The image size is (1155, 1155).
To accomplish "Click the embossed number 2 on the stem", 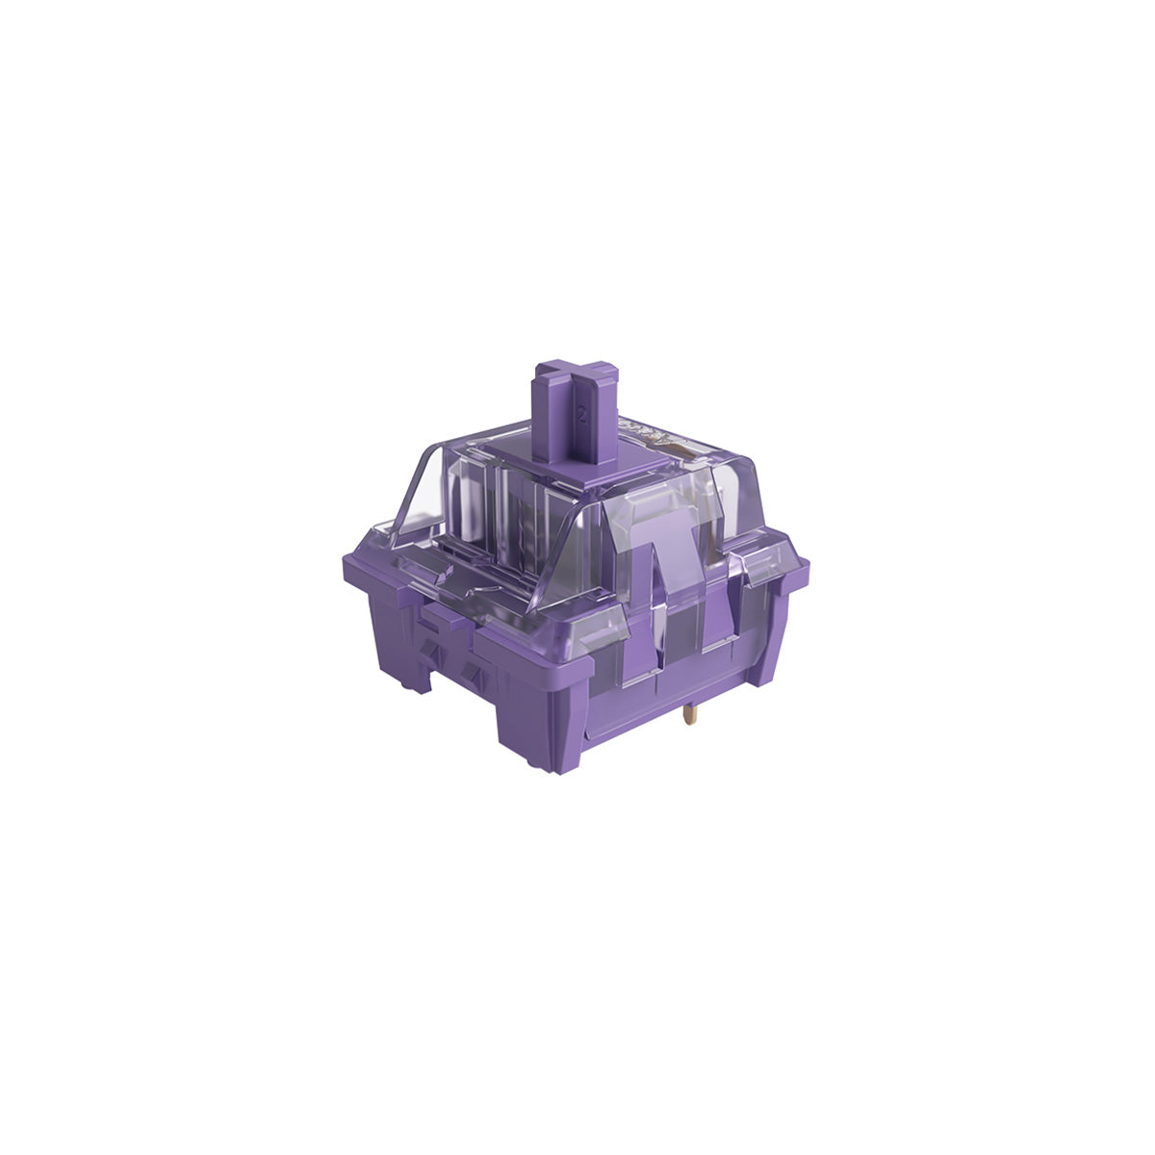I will tap(581, 417).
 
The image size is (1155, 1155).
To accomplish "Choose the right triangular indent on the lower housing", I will tap(470, 668).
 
